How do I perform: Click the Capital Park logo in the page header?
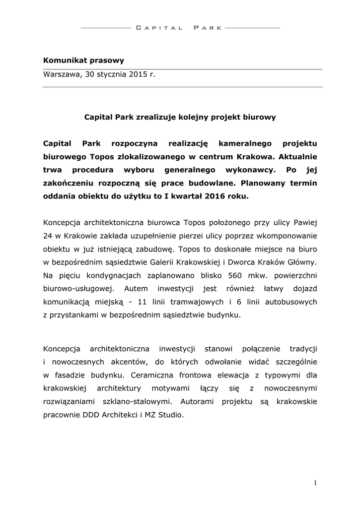(x=180, y=28)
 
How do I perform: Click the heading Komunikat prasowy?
(x=83, y=61)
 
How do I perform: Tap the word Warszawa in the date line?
(x=61, y=74)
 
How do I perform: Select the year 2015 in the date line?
(x=139, y=74)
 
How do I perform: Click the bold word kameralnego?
(x=245, y=143)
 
